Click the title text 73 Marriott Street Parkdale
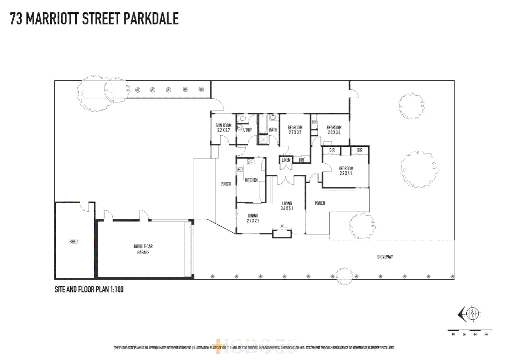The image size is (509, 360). pos(94,19)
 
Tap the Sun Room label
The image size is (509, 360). pos(223,128)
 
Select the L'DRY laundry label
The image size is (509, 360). pos(248,130)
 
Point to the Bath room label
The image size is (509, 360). pos(273,130)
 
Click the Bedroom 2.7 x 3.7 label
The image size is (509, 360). pos(295,130)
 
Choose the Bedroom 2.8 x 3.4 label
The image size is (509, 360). pos(334,130)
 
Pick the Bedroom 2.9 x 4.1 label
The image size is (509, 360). pos(346,171)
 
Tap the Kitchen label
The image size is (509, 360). pos(251,180)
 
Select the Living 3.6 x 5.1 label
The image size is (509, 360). pos(287,206)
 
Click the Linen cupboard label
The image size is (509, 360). pos(286,160)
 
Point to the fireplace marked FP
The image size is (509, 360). pos(282,232)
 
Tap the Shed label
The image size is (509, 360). pos(74,242)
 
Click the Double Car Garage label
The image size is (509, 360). pos(143,249)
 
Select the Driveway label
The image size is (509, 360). pos(385,257)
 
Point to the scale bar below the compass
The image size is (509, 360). pos(469,331)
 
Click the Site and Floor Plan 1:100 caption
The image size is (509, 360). pos(89,289)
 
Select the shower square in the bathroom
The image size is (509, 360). pos(263,139)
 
